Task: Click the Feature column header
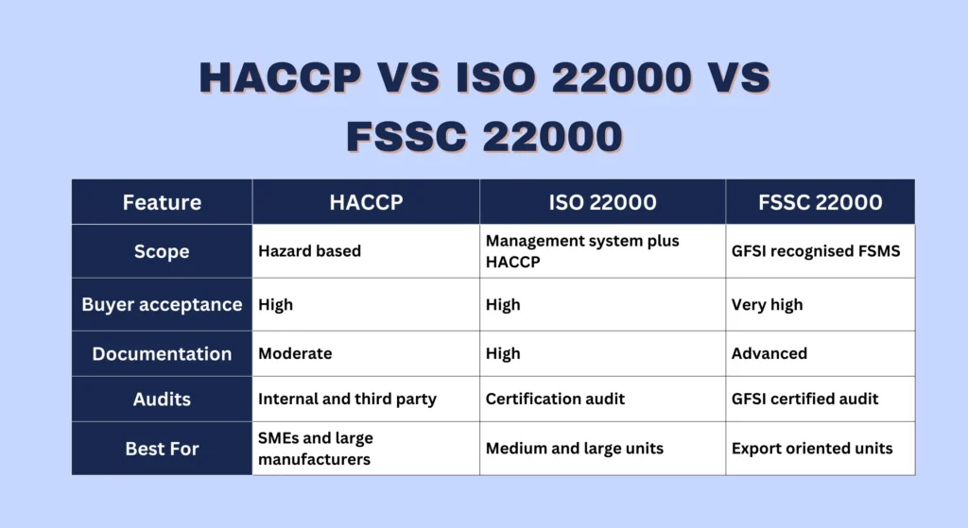pos(162,202)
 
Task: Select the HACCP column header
pos(366,202)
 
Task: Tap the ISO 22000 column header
pos(602,202)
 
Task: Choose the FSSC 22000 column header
pos(820,202)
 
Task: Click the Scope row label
pos(162,251)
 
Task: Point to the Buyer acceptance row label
pos(162,304)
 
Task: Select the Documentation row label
pos(162,353)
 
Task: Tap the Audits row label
pos(162,399)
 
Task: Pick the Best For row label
pos(162,448)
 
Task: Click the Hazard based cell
pos(309,251)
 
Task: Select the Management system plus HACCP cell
pos(582,251)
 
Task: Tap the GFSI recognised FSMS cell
pos(816,251)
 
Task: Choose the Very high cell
pos(767,304)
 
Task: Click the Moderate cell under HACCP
pos(295,353)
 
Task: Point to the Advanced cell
pos(769,353)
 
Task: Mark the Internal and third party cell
pos(347,399)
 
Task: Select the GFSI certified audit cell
pos(805,399)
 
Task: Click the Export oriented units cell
pos(812,448)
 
